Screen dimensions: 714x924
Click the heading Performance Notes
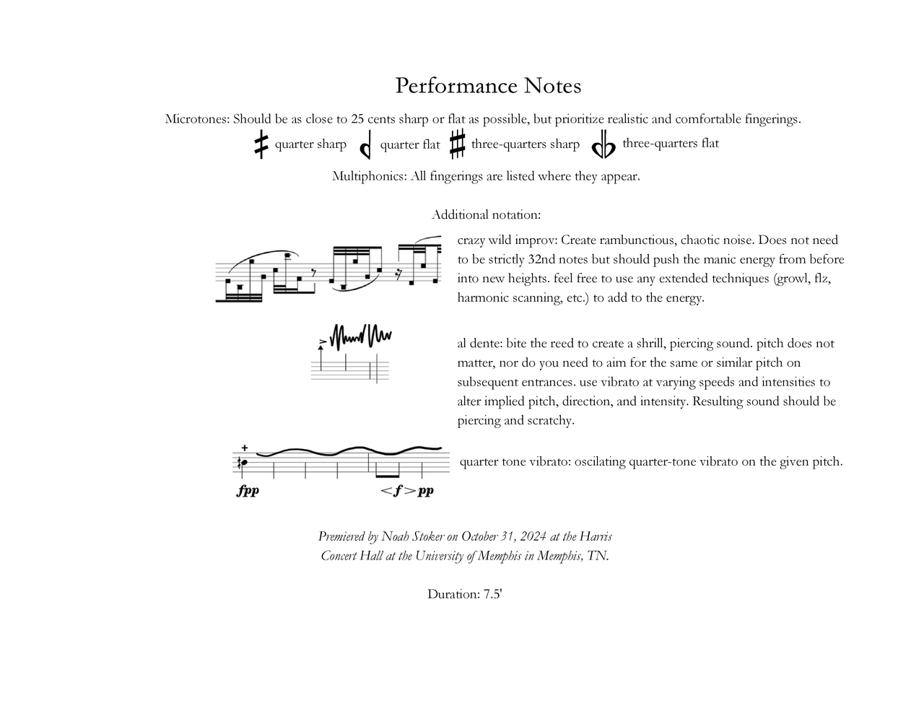pos(488,86)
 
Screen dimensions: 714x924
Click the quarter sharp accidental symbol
pos(261,144)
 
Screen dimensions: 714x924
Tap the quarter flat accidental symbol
pos(365,145)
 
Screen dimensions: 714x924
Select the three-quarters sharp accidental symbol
pos(457,144)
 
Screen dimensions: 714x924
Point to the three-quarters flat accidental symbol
pos(603,147)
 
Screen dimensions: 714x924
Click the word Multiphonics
pos(369,176)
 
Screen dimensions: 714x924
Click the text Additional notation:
pos(486,214)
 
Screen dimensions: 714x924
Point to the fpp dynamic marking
pos(248,491)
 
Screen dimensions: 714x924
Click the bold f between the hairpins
pos(398,491)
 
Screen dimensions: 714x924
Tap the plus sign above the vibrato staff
pos(245,448)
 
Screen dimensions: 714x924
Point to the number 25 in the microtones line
pos(357,119)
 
